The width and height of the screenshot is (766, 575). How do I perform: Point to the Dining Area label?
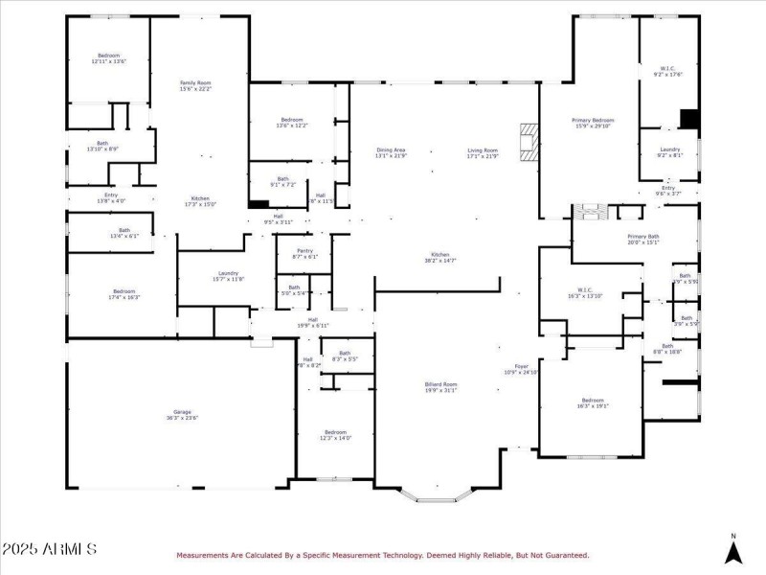coord(391,150)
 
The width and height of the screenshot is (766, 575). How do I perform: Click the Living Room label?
coord(483,150)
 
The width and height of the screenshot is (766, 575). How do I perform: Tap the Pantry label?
coord(304,251)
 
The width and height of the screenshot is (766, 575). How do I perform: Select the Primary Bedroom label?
coord(594,120)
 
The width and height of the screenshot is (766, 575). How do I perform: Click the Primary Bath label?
coord(642,236)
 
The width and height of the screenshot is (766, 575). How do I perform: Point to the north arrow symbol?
coord(733,550)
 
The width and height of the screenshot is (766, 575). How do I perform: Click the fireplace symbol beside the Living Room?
coord(529,141)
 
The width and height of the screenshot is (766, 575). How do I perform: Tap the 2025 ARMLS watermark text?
coord(50,549)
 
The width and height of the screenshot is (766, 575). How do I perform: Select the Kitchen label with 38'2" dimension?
coord(441,256)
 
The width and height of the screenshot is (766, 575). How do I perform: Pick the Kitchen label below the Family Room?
coord(200,198)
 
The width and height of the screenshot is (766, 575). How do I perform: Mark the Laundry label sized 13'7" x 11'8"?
coord(228,274)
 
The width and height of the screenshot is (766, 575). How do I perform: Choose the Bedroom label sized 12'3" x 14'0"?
coord(334,432)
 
